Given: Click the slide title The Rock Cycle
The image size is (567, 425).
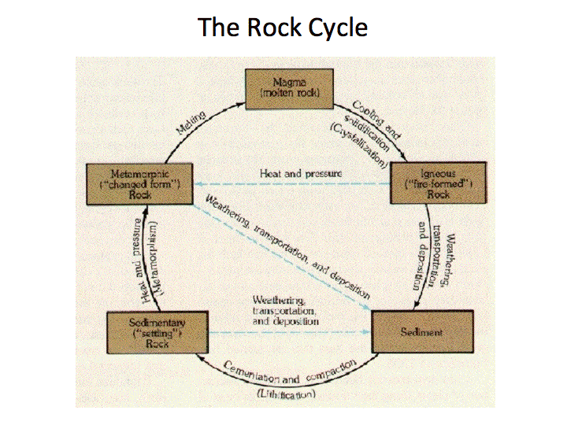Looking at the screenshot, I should [283, 28].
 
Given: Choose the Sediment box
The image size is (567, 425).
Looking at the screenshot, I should [421, 331].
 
